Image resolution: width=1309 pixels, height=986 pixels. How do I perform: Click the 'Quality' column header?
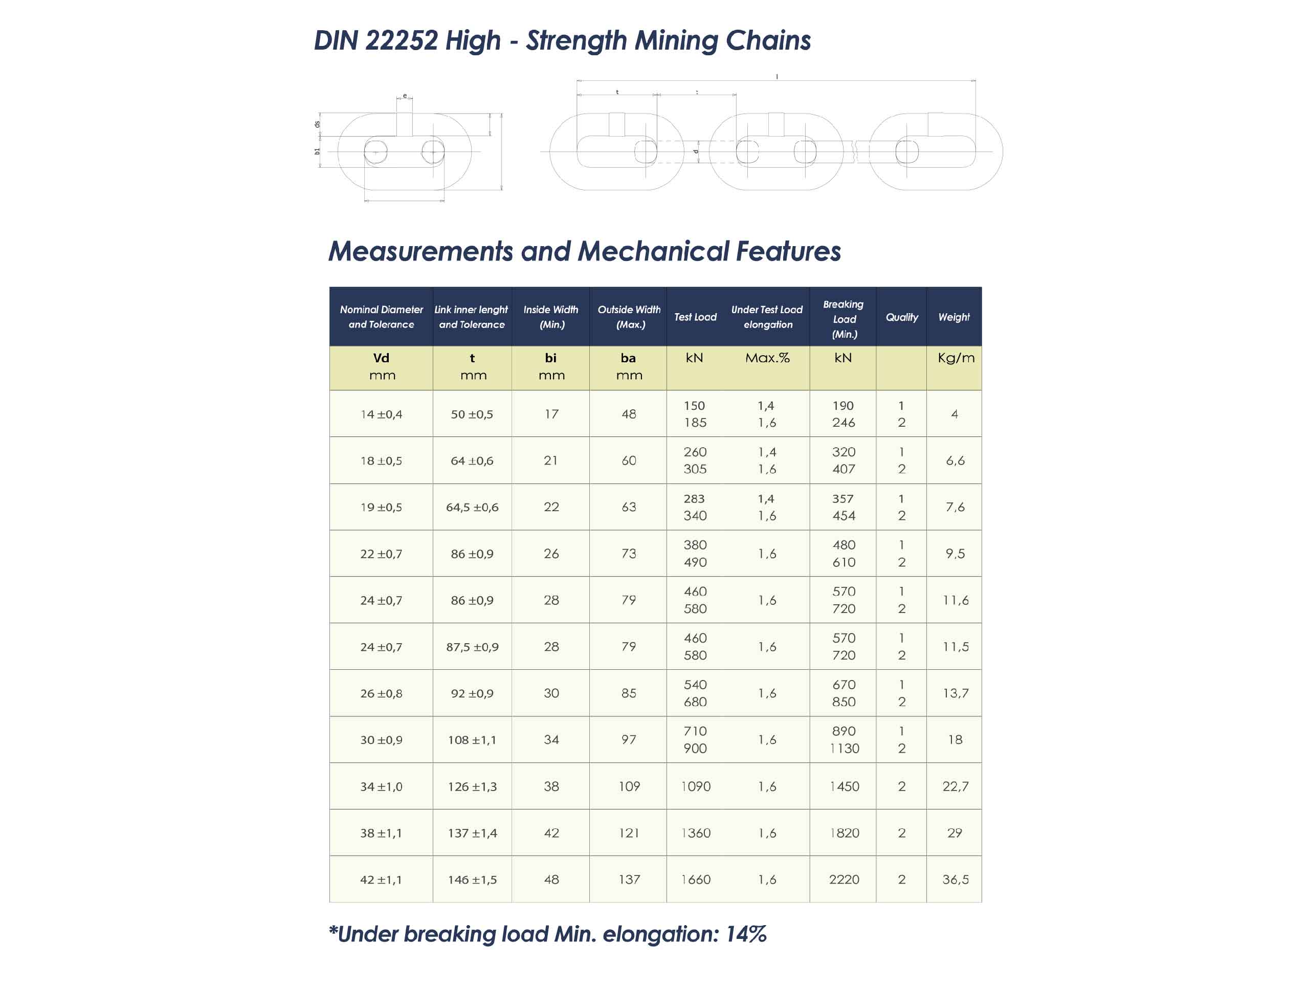click(901, 317)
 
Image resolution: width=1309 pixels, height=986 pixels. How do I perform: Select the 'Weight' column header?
click(954, 317)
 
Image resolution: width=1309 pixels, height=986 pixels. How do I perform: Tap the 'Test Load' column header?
click(695, 317)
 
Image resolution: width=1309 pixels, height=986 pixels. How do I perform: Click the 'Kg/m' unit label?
click(956, 358)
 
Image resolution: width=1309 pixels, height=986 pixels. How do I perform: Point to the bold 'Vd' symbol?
click(381, 358)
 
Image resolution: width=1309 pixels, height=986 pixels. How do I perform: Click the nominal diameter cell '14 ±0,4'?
click(381, 414)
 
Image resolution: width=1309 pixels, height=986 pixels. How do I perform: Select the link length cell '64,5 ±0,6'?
click(472, 507)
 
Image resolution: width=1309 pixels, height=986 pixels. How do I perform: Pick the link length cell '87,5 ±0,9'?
click(472, 647)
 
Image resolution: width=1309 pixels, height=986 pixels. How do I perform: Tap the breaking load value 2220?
click(844, 880)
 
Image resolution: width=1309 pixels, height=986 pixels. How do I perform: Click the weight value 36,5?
click(955, 880)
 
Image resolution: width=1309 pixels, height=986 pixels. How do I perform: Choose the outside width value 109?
click(629, 786)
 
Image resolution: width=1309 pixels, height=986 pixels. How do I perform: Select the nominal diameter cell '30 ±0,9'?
click(381, 740)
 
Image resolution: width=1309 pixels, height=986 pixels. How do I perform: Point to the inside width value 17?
click(551, 414)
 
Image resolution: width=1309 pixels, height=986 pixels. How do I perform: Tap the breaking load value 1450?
click(844, 786)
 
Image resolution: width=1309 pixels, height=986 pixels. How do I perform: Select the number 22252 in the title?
click(401, 40)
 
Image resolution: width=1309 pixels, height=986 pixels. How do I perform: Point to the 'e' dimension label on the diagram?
click(405, 96)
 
